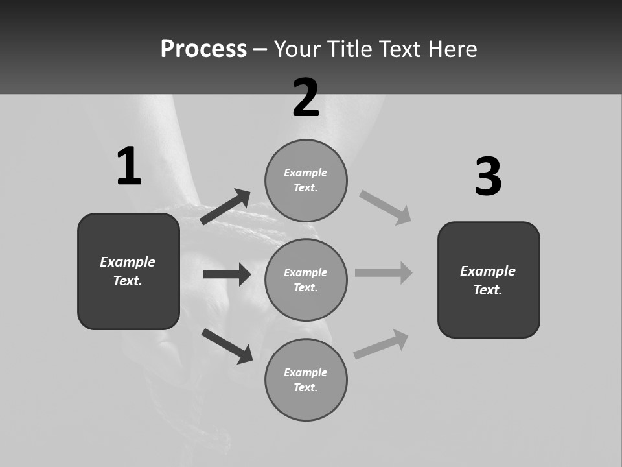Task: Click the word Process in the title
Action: [x=203, y=49]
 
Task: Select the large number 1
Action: [x=129, y=166]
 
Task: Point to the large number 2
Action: [x=306, y=99]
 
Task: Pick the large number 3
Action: [x=489, y=178]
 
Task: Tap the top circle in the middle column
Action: [x=306, y=180]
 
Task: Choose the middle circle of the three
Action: [x=306, y=280]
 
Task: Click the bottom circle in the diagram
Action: [x=306, y=379]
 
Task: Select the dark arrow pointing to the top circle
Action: [x=225, y=207]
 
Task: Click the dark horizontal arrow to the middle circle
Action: [x=227, y=274]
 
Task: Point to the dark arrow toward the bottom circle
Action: [x=227, y=345]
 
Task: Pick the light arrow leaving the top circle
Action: [x=386, y=207]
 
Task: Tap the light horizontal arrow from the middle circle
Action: [x=384, y=272]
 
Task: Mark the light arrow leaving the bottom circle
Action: [x=381, y=344]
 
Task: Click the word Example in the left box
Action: [x=128, y=262]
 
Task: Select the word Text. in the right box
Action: [x=488, y=290]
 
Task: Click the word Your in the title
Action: [x=298, y=49]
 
